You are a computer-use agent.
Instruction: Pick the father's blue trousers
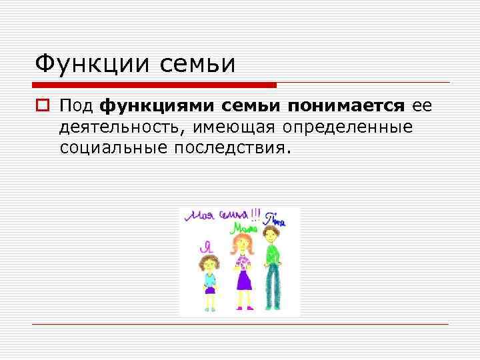pyautogui.click(x=271, y=287)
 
